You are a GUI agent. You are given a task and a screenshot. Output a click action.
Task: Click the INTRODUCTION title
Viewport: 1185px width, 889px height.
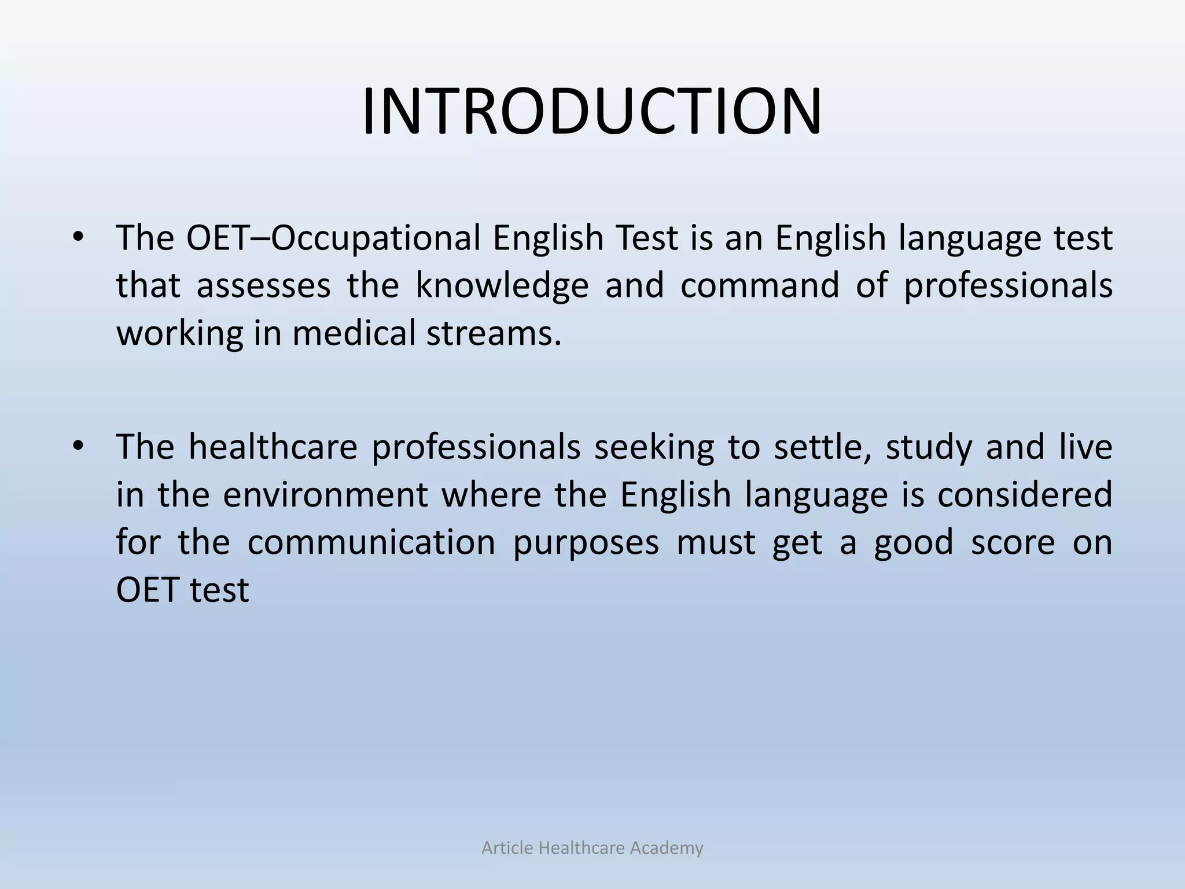point(592,111)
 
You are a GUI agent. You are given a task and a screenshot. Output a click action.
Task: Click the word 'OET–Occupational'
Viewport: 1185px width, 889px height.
point(333,238)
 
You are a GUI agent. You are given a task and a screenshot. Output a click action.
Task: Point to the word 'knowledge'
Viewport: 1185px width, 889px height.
point(502,286)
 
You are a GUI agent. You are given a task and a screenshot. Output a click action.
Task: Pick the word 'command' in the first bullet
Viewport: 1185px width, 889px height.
point(759,286)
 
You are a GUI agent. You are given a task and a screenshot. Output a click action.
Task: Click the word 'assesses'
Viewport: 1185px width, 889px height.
point(263,286)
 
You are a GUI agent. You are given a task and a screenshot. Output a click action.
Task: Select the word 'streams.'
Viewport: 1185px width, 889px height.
point(494,334)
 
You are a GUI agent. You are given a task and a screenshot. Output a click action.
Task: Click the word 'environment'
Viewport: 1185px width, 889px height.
point(325,495)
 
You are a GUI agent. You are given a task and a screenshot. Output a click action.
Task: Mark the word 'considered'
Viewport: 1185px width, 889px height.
point(1025,495)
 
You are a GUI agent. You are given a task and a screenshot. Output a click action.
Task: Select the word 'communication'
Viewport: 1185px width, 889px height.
point(371,543)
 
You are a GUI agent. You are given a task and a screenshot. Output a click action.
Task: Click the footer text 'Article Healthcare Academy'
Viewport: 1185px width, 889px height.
point(592,848)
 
